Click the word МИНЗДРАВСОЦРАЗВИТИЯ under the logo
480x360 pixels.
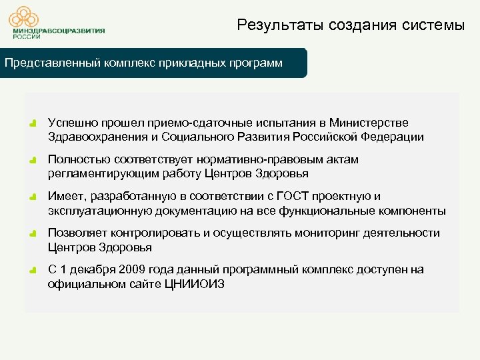[58, 31]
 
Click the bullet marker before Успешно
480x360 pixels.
[33, 124]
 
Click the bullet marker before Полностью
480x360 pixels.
[33, 161]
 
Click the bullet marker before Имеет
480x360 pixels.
[33, 197]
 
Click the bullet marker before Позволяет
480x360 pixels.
[33, 234]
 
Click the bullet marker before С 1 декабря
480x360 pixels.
[33, 271]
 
